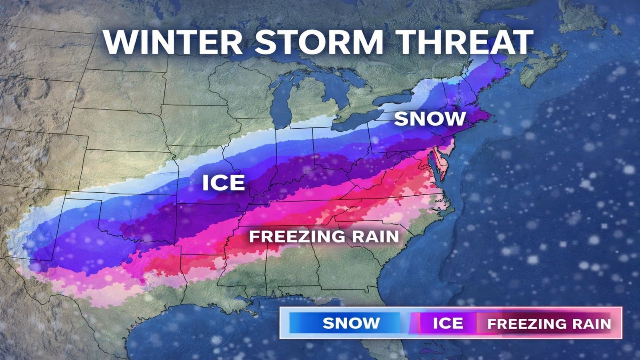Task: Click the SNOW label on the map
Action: tap(430, 119)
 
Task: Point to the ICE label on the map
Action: tap(223, 183)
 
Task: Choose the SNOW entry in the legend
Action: tap(351, 323)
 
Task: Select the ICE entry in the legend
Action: tap(448, 323)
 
